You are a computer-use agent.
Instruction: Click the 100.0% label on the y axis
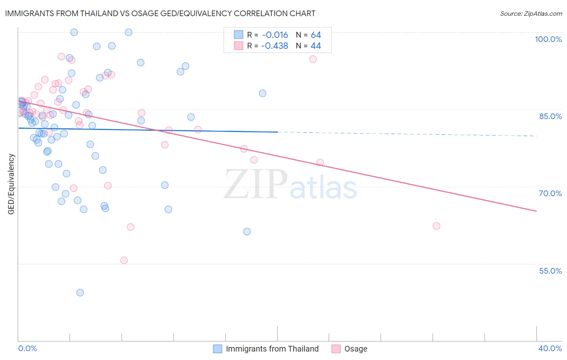(548, 39)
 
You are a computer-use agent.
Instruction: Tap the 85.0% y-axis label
(550, 116)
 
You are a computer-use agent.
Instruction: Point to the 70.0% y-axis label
(550, 193)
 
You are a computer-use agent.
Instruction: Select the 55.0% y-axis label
(550, 271)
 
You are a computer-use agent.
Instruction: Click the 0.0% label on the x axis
(27, 348)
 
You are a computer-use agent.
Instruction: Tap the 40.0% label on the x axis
(550, 348)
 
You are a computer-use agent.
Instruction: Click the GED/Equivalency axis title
(11, 184)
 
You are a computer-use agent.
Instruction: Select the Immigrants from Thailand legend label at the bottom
(272, 349)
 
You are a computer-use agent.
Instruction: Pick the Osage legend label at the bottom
(356, 349)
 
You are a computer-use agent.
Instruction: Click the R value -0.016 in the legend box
(275, 35)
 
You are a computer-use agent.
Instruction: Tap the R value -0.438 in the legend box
(275, 46)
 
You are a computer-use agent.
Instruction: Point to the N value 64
(316, 35)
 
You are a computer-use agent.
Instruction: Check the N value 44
(316, 46)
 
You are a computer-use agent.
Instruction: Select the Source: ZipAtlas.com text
(531, 14)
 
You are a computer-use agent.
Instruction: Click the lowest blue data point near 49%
(80, 293)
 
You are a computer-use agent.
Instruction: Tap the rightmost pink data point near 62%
(436, 226)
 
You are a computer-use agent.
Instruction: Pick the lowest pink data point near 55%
(124, 260)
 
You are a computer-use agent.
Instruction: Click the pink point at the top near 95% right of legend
(313, 59)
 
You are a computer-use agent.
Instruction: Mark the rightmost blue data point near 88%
(263, 93)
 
